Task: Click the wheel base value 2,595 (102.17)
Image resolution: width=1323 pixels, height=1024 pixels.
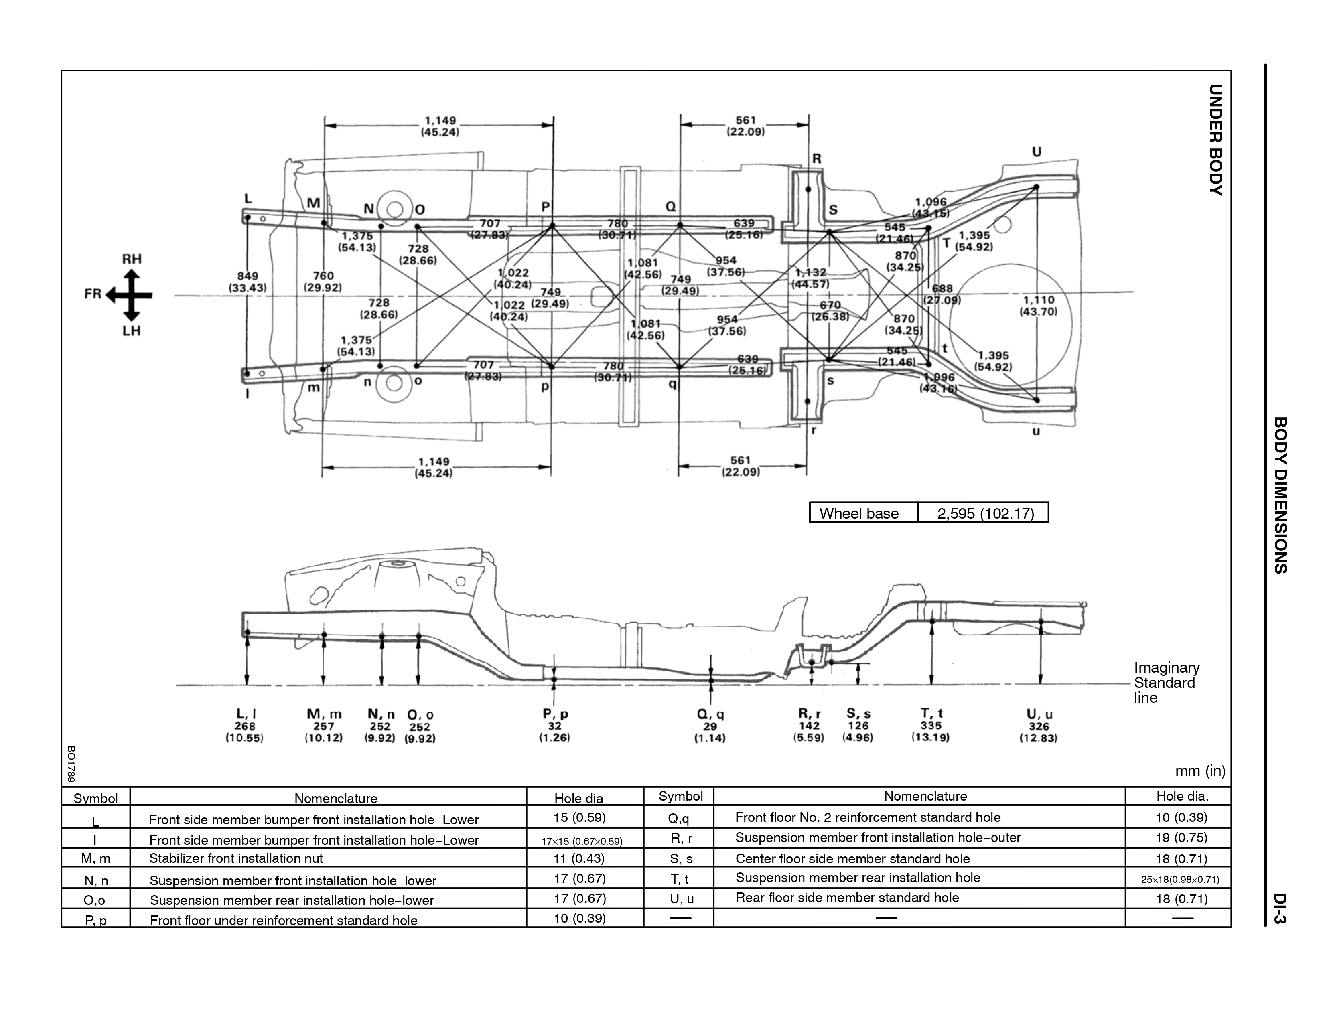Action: point(985,513)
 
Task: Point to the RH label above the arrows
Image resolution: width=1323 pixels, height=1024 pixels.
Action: point(132,259)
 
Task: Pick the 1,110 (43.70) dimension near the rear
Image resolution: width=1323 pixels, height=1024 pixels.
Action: point(1039,306)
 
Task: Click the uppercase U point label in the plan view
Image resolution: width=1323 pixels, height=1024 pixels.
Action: point(1037,152)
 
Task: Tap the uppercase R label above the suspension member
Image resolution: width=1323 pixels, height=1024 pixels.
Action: point(817,159)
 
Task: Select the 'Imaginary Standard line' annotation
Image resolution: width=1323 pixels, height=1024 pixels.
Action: point(1166,682)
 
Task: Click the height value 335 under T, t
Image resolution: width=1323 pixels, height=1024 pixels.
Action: point(931,726)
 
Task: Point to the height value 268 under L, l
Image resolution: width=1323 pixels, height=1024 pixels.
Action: point(245,726)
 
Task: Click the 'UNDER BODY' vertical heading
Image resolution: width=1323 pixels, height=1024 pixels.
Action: point(1215,140)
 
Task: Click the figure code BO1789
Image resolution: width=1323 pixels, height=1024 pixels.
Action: point(71,764)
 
